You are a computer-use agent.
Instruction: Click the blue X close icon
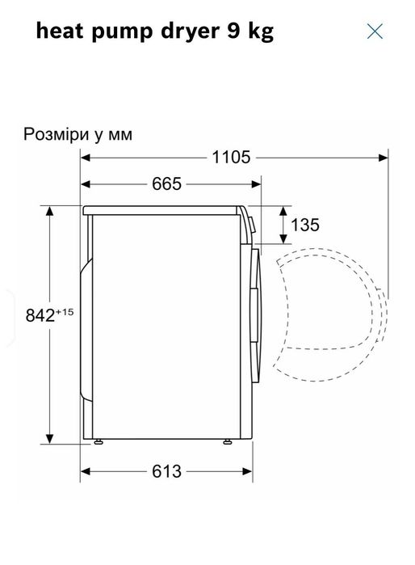[x=375, y=32]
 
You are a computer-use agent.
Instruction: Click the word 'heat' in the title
[x=60, y=31]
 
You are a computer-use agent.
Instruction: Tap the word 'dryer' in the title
[x=190, y=32]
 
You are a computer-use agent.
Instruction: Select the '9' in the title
[x=233, y=32]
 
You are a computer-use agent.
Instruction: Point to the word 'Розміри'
[x=56, y=135]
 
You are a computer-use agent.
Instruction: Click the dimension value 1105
[x=231, y=158]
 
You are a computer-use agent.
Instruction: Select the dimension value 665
[x=166, y=184]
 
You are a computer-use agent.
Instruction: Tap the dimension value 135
[x=305, y=225]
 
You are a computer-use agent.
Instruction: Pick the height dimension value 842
[x=40, y=316]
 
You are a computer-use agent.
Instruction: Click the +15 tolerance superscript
[x=65, y=312]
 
